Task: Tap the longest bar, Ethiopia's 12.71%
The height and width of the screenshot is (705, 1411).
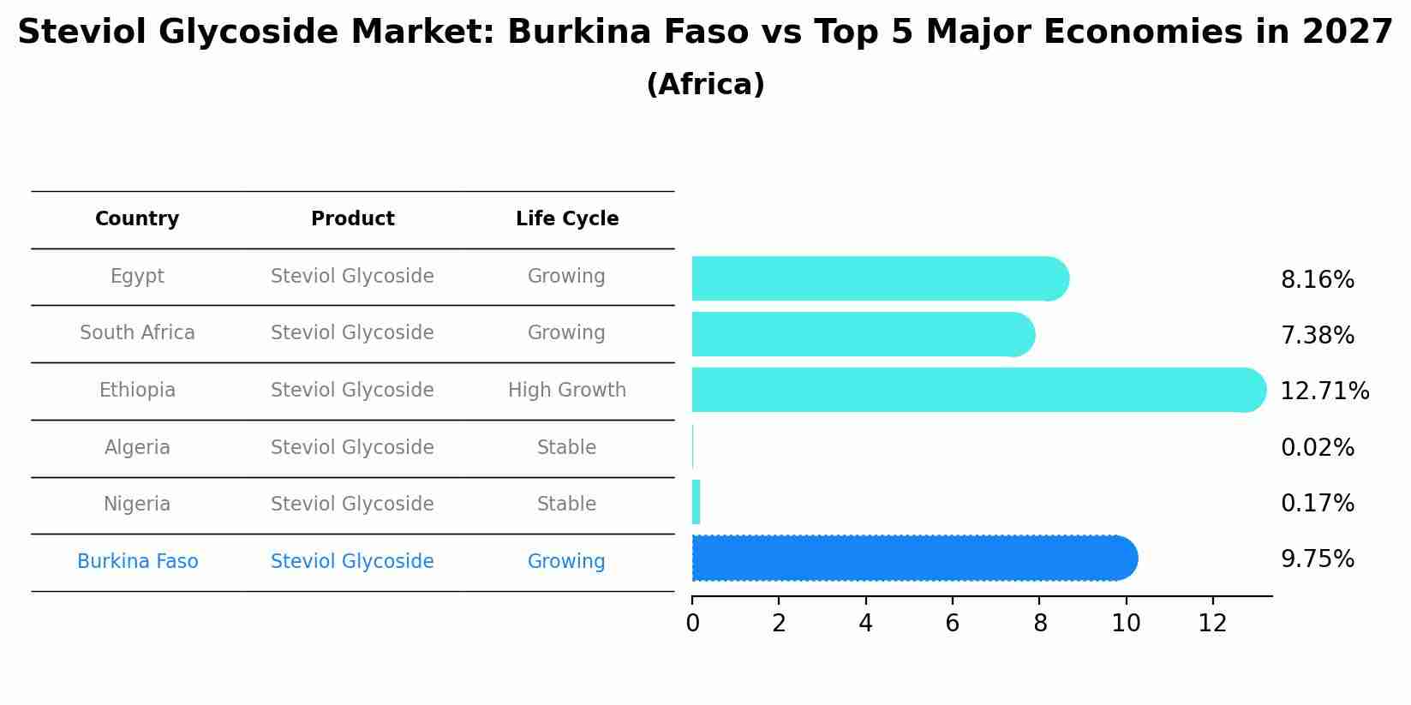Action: [x=978, y=390]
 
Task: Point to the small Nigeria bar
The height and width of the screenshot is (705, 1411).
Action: [x=696, y=502]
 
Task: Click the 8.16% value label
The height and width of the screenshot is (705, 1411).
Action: [x=1317, y=280]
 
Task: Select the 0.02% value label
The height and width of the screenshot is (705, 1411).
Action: [x=1317, y=448]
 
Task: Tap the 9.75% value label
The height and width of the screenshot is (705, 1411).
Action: [x=1317, y=559]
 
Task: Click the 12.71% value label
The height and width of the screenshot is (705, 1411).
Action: [x=1324, y=391]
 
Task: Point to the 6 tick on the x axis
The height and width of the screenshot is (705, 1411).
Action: [x=952, y=624]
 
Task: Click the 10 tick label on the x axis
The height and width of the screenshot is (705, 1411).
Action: [x=1125, y=624]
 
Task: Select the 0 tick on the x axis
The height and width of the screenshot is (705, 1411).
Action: [x=692, y=624]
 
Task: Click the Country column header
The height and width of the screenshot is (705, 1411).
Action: [x=137, y=219]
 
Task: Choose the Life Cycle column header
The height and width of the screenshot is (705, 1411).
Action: [x=566, y=219]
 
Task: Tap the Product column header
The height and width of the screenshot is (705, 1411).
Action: [x=352, y=219]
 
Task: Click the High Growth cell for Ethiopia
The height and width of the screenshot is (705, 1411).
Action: [x=566, y=391]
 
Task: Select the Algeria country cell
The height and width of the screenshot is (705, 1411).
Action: [x=137, y=448]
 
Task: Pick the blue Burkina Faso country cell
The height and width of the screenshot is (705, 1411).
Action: [x=137, y=562]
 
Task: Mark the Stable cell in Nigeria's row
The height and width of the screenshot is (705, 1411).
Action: [x=566, y=505]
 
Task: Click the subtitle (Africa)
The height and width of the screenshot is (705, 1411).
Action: [x=705, y=85]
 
